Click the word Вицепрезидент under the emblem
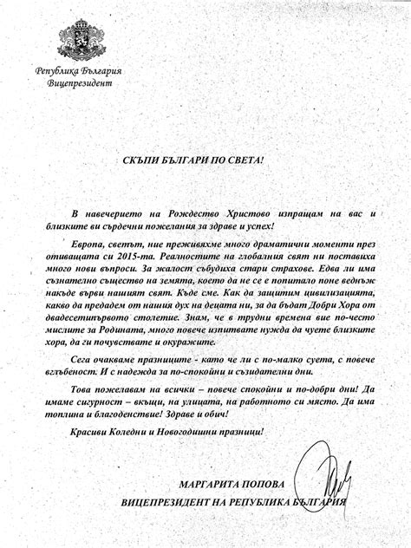(78, 83)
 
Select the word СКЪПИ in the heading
(142, 160)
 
